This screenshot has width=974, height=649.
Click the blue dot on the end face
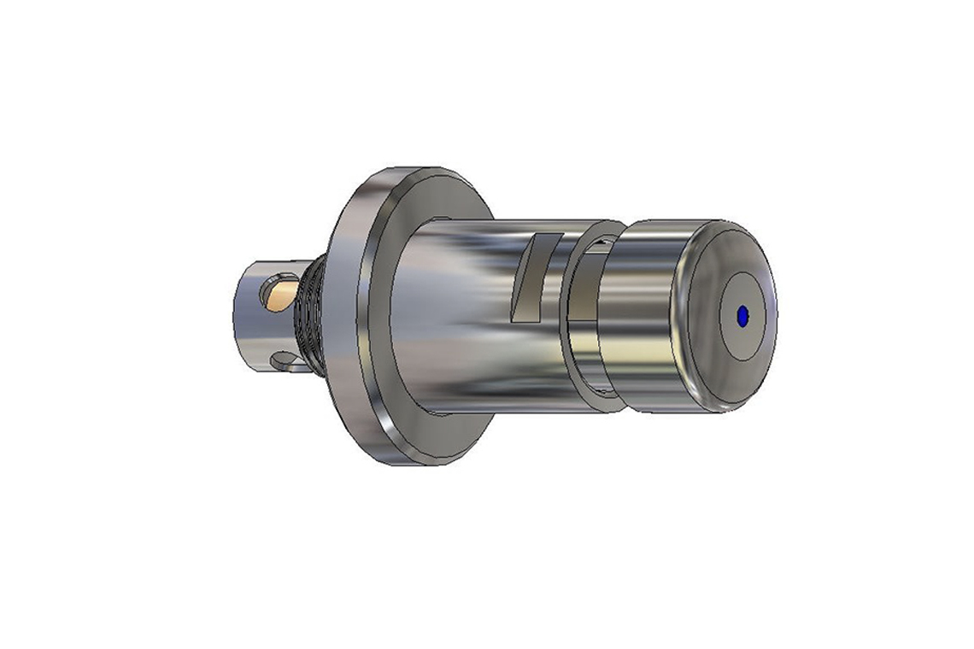point(742,316)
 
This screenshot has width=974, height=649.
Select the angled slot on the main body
point(533,278)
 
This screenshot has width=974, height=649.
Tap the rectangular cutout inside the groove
point(601,247)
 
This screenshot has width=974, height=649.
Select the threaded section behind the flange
point(309,316)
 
